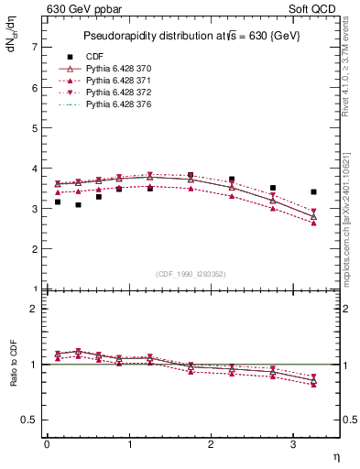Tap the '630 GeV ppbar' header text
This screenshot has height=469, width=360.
click(79, 7)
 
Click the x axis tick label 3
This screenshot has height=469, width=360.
click(293, 444)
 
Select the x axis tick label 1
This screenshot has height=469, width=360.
click(128, 444)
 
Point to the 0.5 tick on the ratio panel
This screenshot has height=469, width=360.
click(28, 420)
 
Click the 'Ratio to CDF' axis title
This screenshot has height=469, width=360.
click(14, 376)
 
